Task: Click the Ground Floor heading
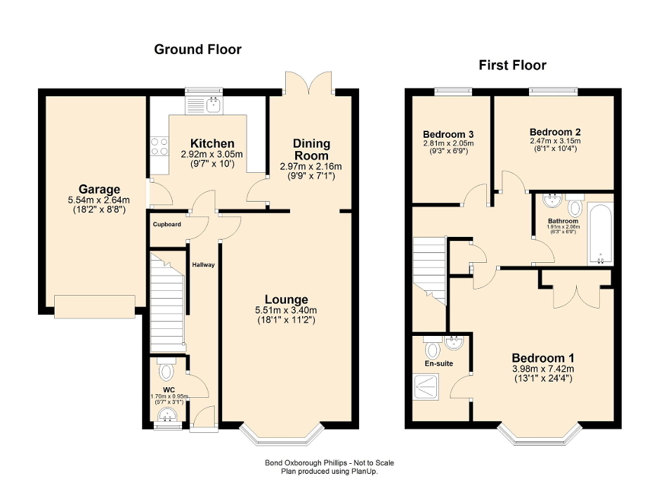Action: tap(197, 49)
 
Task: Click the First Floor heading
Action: tap(512, 65)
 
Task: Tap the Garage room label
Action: tap(98, 189)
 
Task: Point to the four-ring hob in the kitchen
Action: tap(159, 145)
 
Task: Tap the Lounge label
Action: tap(286, 300)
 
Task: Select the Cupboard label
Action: tap(167, 225)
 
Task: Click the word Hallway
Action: tap(204, 265)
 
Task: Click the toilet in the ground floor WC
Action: tap(167, 369)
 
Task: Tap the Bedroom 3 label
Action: tap(448, 134)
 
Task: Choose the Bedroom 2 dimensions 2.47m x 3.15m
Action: tap(555, 141)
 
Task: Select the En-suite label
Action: tap(438, 363)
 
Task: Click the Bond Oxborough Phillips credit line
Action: tap(329, 462)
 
